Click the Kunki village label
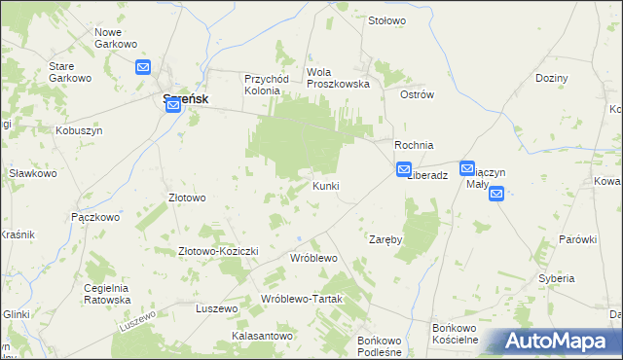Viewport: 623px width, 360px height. (x=325, y=185)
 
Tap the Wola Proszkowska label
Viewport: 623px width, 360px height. (x=339, y=78)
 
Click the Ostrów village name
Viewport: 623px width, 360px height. (x=417, y=94)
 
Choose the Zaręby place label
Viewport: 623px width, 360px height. (x=385, y=238)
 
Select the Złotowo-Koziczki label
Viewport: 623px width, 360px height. (x=217, y=251)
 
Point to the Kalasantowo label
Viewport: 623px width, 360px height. (x=262, y=336)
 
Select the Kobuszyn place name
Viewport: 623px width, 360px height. (x=79, y=130)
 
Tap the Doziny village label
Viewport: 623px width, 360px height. (x=551, y=77)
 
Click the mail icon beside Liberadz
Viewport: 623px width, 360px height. (x=404, y=169)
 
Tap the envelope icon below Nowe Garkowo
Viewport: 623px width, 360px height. (x=143, y=67)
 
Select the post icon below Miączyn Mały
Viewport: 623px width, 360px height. (x=495, y=194)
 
